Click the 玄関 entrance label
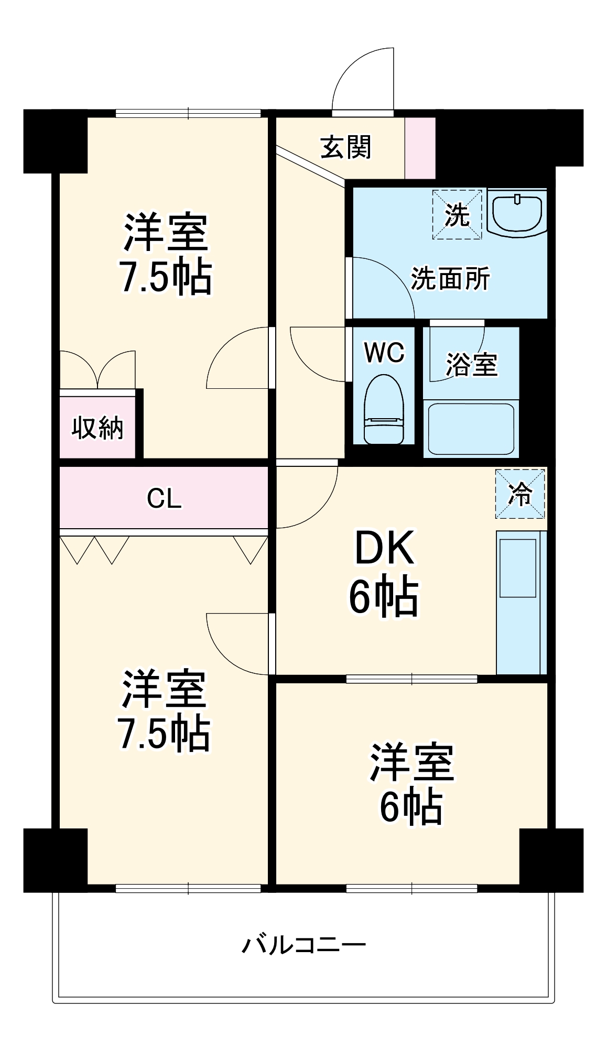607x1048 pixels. (x=345, y=147)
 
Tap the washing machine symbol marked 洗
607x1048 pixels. (x=457, y=215)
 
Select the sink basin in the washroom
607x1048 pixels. (x=517, y=213)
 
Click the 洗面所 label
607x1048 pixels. (x=450, y=278)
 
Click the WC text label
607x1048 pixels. (x=384, y=353)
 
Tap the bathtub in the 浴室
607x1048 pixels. (x=471, y=429)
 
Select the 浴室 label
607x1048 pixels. (x=471, y=364)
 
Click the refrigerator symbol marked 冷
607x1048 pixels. (x=520, y=494)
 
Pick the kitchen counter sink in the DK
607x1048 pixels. (x=517, y=568)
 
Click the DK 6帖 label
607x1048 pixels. (x=384, y=573)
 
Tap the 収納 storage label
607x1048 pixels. (x=97, y=428)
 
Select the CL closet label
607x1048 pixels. (x=164, y=498)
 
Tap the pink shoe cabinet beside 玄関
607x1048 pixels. (x=420, y=148)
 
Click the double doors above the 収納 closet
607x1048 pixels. (x=97, y=370)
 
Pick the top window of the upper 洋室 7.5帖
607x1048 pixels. (x=188, y=113)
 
